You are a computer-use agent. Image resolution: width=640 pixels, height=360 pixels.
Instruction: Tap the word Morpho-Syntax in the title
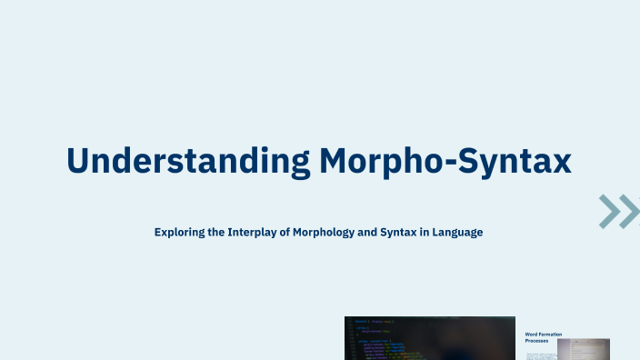click(x=445, y=161)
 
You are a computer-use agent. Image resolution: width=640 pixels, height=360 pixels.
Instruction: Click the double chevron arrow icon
click(x=619, y=211)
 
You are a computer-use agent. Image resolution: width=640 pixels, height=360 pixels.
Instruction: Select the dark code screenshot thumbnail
click(x=429, y=338)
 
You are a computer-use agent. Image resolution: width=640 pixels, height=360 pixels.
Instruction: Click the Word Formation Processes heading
click(x=544, y=338)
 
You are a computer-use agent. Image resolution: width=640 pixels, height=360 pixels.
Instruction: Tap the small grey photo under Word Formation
click(x=583, y=349)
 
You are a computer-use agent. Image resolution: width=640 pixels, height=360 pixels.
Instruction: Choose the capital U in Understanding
click(x=79, y=161)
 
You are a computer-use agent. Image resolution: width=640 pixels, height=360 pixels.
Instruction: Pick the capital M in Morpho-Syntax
click(x=335, y=161)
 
